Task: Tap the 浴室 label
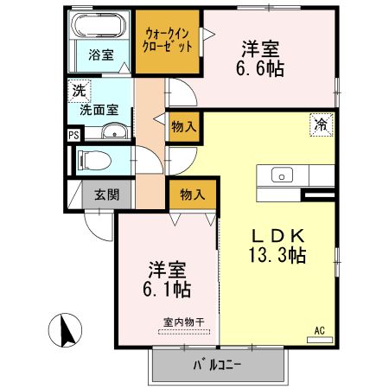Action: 100,54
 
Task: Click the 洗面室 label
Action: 99,111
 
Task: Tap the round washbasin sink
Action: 114,131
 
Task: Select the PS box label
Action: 73,135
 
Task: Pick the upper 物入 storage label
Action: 184,124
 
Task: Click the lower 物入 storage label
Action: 192,195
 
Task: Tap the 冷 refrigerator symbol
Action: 320,124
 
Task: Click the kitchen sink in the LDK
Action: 283,175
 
